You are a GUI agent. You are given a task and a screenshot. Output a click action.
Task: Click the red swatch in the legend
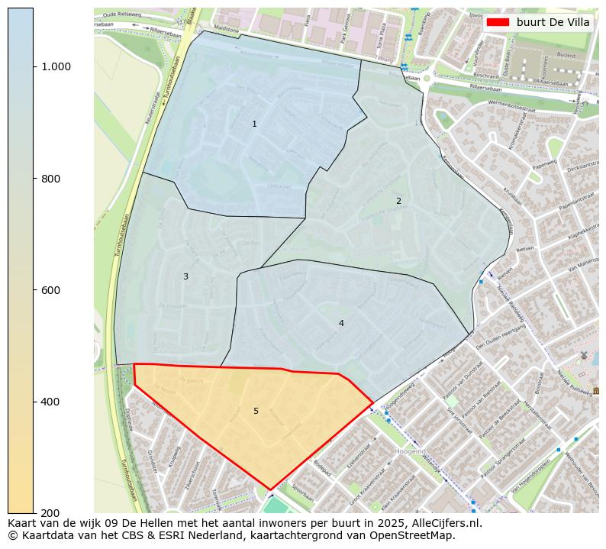pos(498,22)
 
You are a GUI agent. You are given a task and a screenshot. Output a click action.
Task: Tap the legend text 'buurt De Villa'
pos(553,22)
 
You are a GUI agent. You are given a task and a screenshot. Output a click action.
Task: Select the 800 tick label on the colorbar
pos(50,178)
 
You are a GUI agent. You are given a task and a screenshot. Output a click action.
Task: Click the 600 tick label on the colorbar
pos(50,290)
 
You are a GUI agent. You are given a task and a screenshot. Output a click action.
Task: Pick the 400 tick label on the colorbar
pos(50,402)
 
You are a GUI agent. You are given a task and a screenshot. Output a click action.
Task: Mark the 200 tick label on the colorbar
pos(50,512)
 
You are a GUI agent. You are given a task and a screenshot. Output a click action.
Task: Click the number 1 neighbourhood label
pos(254,124)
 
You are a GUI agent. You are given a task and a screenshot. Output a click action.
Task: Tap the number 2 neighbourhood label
pos(398,201)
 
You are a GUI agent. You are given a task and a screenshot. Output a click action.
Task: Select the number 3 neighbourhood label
pos(185,276)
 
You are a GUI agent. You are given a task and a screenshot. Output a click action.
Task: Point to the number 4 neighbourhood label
pos(341,323)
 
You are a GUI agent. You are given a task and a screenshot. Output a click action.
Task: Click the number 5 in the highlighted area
pos(256,411)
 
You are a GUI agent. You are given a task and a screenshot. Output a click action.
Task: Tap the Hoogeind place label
pos(410,451)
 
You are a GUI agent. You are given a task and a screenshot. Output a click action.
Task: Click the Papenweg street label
pos(545,163)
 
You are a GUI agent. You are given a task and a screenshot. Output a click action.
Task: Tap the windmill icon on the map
pos(584,355)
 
